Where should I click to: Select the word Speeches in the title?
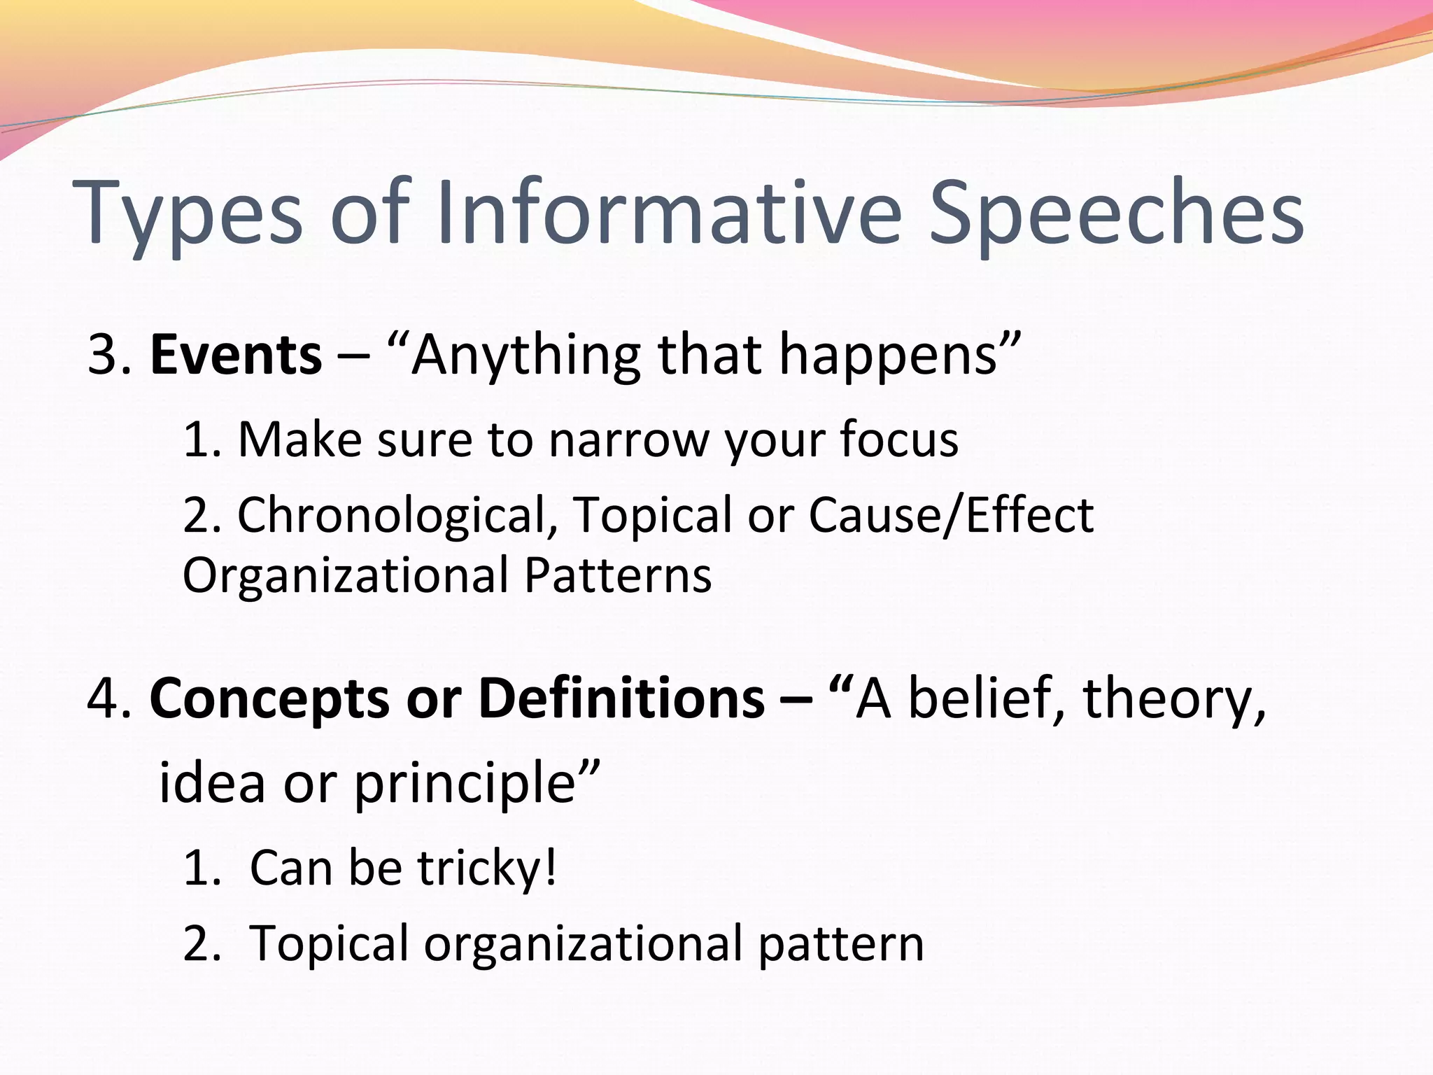click(x=1115, y=213)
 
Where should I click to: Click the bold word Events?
click(x=236, y=355)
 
